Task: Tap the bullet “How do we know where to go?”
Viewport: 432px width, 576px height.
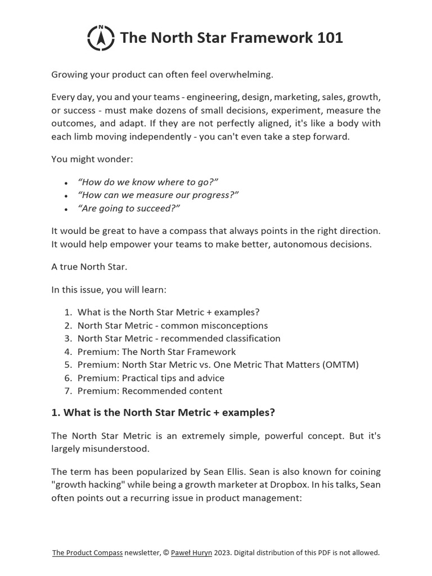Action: point(147,182)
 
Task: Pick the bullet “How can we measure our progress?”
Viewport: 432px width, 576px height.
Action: point(158,195)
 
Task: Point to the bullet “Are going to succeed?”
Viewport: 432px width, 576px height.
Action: point(129,208)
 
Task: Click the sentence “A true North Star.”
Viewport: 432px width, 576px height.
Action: point(89,267)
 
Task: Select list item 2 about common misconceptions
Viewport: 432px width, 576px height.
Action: point(172,325)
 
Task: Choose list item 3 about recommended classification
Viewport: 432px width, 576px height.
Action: point(179,338)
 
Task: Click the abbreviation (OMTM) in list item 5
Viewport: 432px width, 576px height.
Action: point(340,364)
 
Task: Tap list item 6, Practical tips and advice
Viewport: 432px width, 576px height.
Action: point(151,378)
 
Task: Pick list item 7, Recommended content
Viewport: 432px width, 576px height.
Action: point(150,391)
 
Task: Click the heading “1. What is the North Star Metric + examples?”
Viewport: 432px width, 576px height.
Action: point(163,412)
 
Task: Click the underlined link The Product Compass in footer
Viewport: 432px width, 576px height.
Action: point(87,552)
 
